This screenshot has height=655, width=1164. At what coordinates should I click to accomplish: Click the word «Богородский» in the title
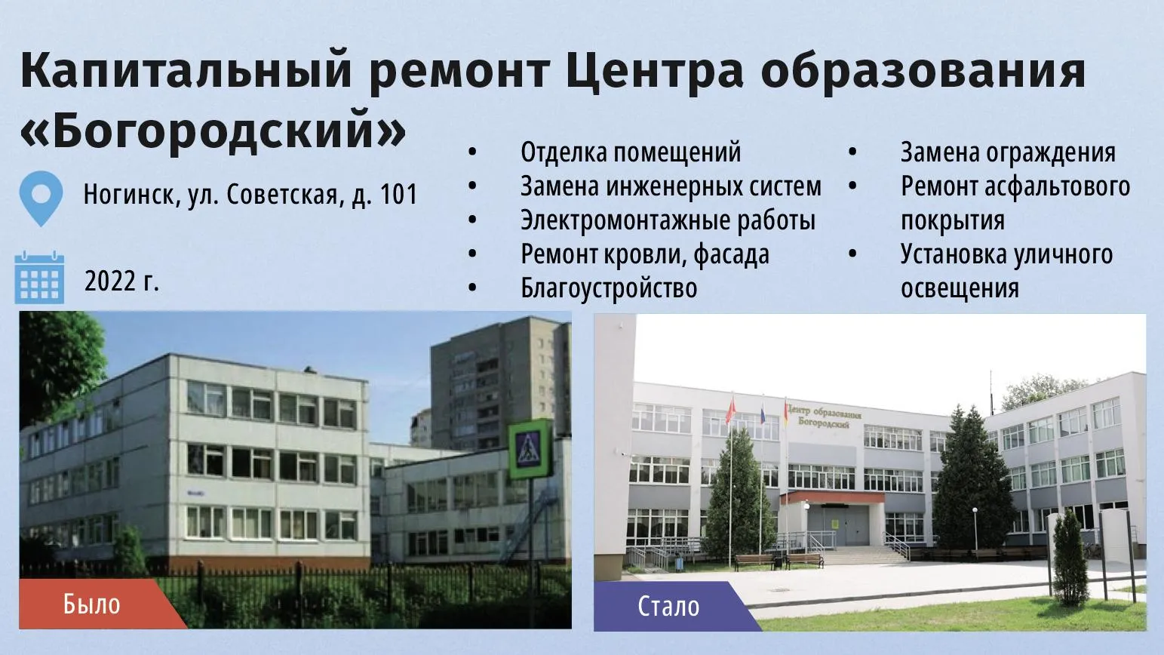point(213,131)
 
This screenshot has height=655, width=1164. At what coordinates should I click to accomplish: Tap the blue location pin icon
point(41,198)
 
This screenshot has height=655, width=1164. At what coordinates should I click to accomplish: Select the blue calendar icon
point(39,278)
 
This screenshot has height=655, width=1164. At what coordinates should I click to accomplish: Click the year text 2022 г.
point(121,281)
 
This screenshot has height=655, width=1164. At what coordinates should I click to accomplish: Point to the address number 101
point(399,195)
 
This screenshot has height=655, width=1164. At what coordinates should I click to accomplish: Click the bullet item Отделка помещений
point(631,152)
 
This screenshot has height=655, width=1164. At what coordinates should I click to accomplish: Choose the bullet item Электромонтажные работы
point(668,220)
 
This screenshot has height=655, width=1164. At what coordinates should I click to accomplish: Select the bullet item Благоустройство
point(609,288)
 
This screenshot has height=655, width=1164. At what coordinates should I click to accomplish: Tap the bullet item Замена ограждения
point(1008,152)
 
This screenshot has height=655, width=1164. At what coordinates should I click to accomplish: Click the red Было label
point(94,604)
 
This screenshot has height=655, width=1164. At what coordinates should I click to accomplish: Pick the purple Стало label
point(671,606)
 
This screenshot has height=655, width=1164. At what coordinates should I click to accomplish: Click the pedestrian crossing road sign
point(530,449)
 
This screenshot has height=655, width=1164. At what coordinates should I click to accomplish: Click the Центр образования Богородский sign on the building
point(824,417)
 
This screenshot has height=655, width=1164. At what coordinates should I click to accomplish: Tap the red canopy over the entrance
point(831,497)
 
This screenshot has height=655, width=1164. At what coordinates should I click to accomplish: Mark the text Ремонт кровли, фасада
point(645,254)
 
